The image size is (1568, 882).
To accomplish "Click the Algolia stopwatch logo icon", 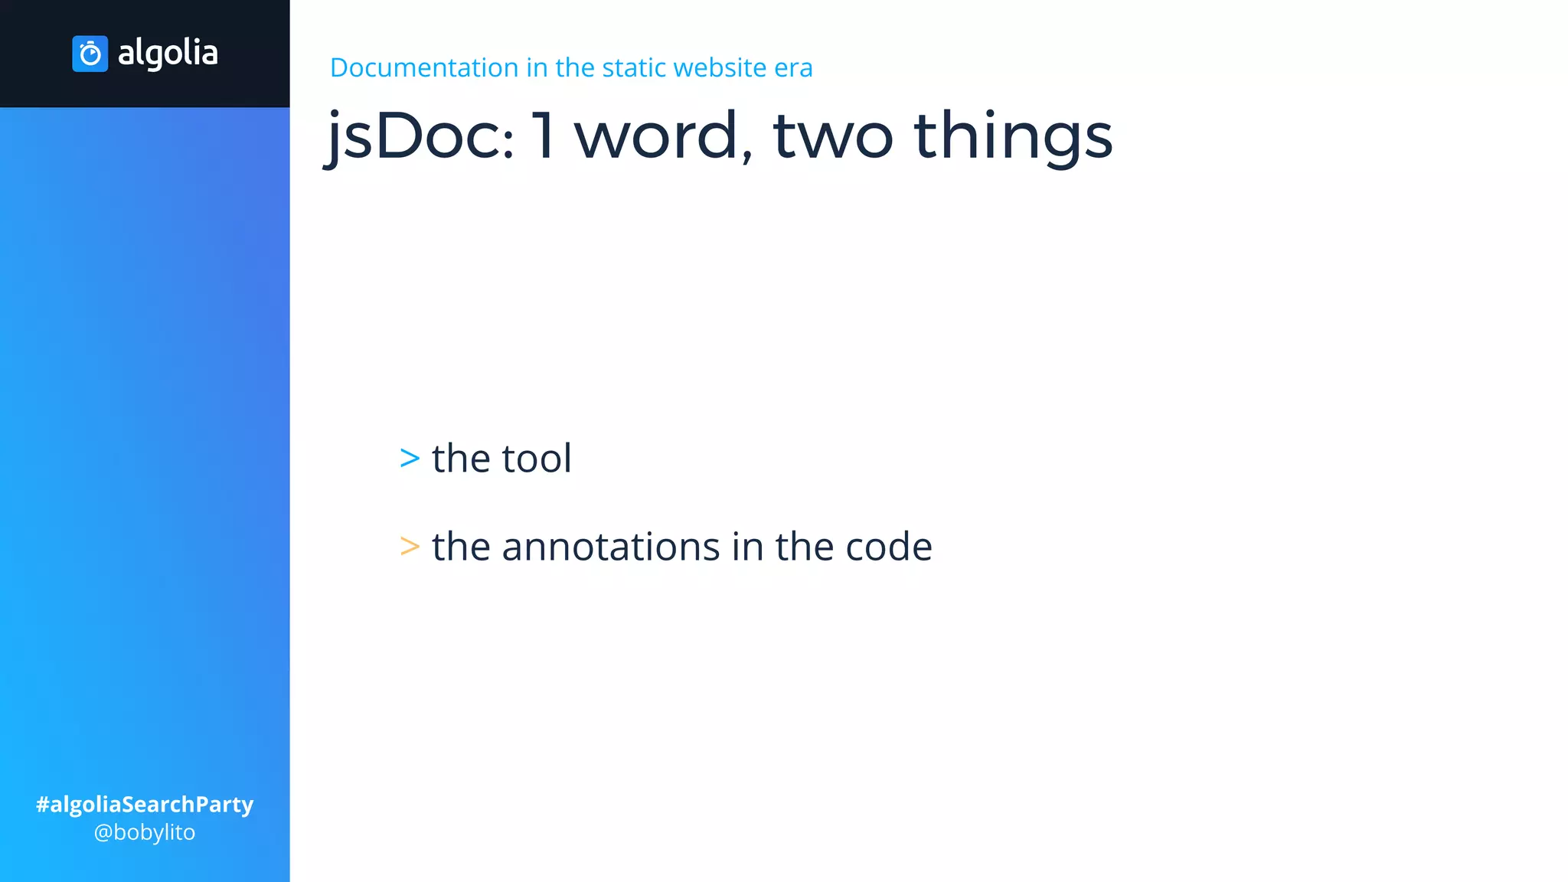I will [90, 54].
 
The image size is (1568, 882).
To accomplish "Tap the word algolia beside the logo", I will [168, 53].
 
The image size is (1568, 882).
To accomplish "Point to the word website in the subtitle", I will [720, 67].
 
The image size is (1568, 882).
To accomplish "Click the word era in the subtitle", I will [793, 67].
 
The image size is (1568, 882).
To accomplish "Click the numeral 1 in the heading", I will [544, 136].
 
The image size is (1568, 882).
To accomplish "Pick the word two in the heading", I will [833, 136].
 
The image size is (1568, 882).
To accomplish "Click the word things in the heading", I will [1013, 136].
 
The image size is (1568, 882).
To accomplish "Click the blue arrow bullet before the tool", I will [410, 458].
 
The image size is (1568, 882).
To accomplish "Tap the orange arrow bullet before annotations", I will [410, 547].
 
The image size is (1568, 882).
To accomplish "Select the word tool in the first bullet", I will [537, 458].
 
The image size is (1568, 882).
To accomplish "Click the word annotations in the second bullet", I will [610, 547].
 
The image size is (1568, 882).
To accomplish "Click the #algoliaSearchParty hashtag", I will [145, 804].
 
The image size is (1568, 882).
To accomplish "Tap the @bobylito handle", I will [145, 832].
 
